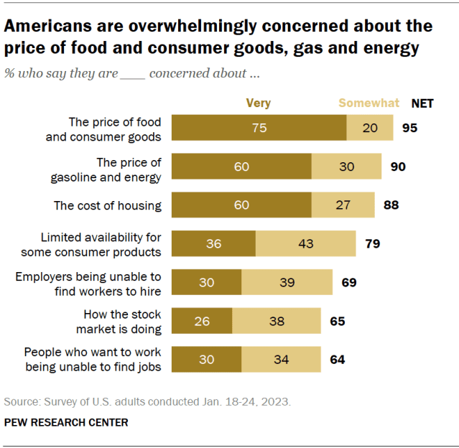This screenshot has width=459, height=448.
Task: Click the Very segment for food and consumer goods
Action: pyautogui.click(x=259, y=128)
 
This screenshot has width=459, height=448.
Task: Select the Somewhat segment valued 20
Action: pyautogui.click(x=370, y=128)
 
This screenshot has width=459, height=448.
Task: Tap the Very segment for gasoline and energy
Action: pyautogui.click(x=242, y=167)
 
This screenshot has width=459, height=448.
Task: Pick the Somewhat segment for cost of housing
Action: pyautogui.click(x=343, y=205)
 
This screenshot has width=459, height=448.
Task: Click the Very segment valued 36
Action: pyautogui.click(x=214, y=243)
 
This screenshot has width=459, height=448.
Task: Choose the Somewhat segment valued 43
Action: pyautogui.click(x=305, y=243)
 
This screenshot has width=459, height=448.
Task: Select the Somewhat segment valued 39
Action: pyautogui.click(x=287, y=282)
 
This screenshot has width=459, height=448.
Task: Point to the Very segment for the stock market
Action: pyautogui.click(x=203, y=321)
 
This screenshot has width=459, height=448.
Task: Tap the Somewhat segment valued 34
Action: pyautogui.click(x=281, y=359)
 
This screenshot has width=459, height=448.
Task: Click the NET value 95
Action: pyautogui.click(x=409, y=128)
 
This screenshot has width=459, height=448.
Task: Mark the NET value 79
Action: pyautogui.click(x=371, y=243)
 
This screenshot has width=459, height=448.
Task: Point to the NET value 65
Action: pyautogui.click(x=337, y=321)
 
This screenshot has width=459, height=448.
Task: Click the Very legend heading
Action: pyautogui.click(x=258, y=103)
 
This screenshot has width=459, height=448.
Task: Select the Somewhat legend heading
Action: pyautogui.click(x=368, y=103)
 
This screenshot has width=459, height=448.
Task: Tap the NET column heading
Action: pyautogui.click(x=422, y=103)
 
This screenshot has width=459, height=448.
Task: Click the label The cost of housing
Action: pyautogui.click(x=108, y=205)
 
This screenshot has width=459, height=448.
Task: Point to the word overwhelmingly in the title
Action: pyautogui.click(x=186, y=27)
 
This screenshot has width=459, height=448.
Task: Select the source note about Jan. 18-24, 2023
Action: pyautogui.click(x=148, y=401)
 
